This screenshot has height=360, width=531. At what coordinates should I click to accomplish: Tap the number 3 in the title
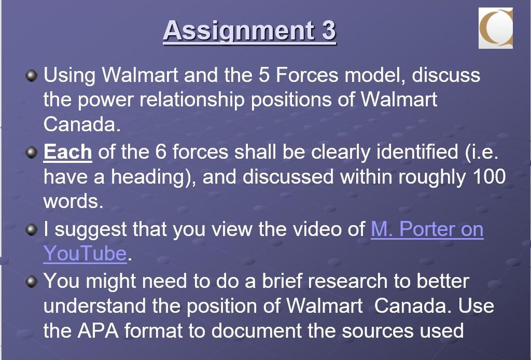pyautogui.click(x=329, y=31)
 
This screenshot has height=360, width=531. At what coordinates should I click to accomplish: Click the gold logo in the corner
pyautogui.click(x=496, y=28)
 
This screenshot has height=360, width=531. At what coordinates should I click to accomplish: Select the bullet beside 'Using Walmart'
pyautogui.click(x=32, y=76)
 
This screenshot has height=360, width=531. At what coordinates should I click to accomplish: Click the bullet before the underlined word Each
pyautogui.click(x=32, y=153)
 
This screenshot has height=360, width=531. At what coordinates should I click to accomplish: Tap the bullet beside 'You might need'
pyautogui.click(x=32, y=281)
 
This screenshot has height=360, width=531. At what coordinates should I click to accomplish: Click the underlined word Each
pyautogui.click(x=67, y=153)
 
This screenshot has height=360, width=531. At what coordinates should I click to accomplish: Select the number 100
pyautogui.click(x=489, y=177)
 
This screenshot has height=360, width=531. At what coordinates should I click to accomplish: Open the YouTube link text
pyautogui.click(x=85, y=254)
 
